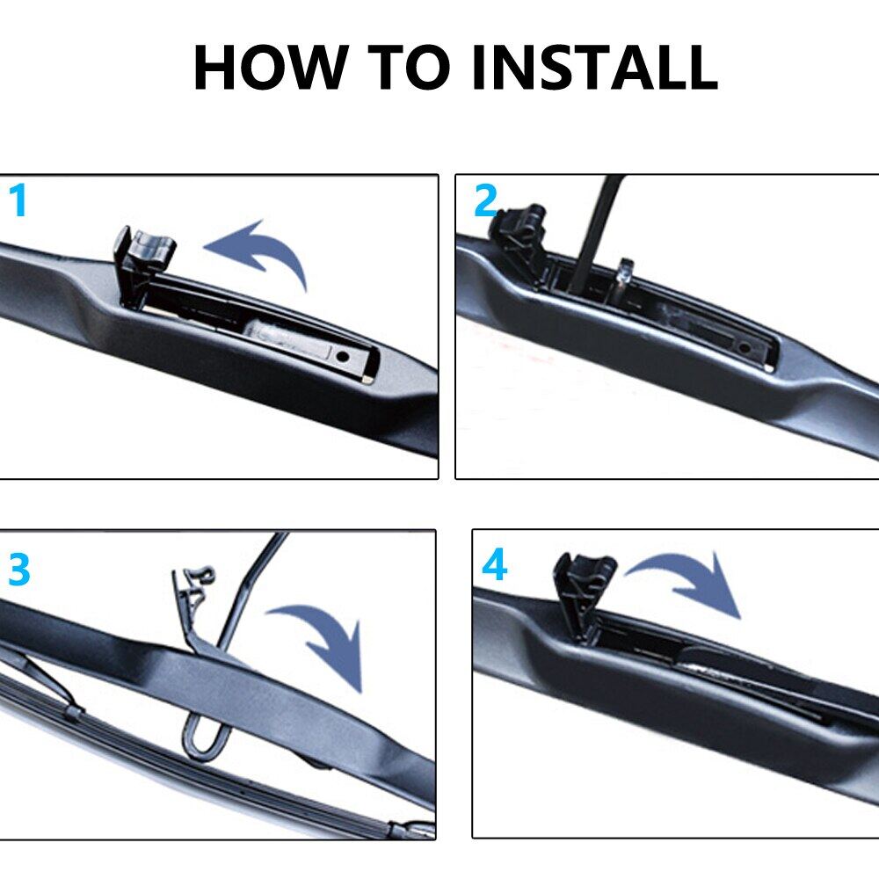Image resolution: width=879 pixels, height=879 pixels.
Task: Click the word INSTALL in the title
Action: pyautogui.click(x=594, y=68)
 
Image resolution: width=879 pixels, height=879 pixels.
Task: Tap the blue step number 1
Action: pyautogui.click(x=18, y=201)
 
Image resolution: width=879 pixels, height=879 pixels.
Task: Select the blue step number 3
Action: pyautogui.click(x=19, y=570)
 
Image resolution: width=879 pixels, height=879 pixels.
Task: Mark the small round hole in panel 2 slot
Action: pyautogui.click(x=745, y=347)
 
